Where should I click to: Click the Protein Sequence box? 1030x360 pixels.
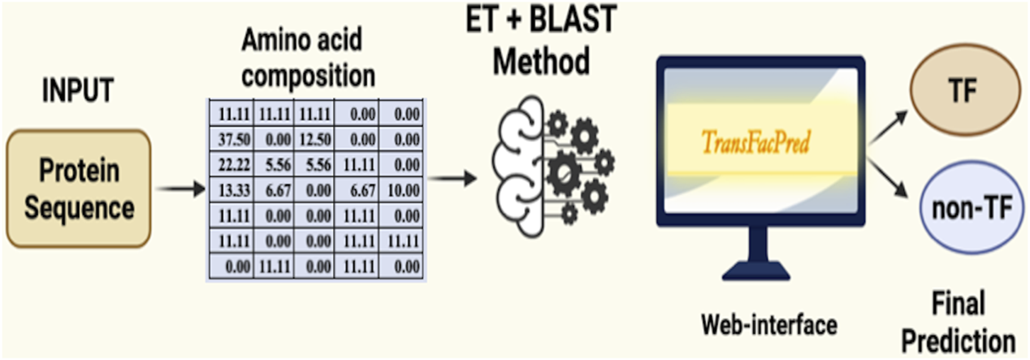[x=79, y=189]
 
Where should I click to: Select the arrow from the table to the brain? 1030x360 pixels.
[x=456, y=176]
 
